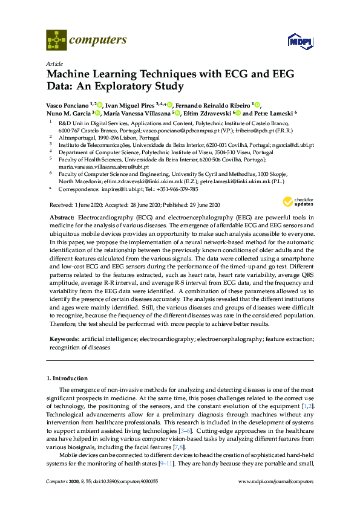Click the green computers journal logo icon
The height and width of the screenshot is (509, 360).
tap(56, 41)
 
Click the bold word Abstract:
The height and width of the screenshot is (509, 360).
tap(62, 216)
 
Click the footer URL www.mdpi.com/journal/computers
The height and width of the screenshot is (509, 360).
tap(276, 481)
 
